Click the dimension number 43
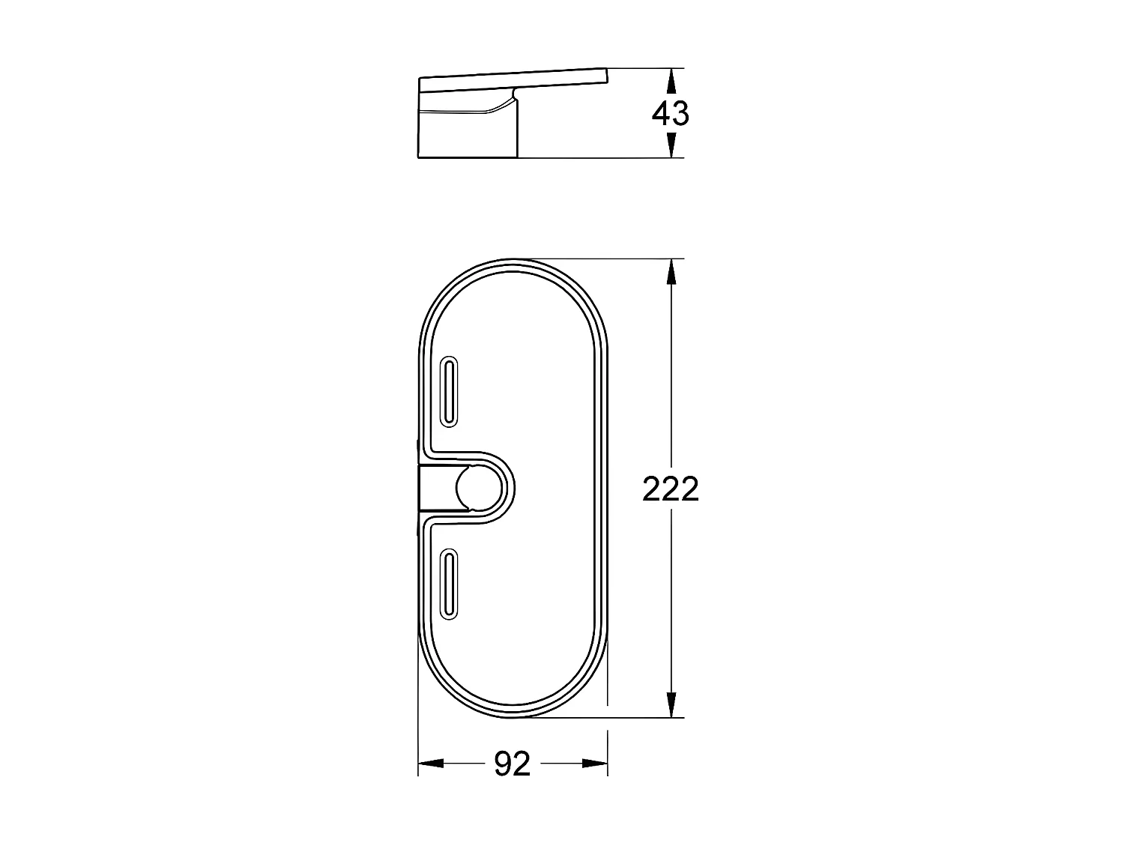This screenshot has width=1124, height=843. pos(670,114)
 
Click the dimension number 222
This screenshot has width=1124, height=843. pos(670,489)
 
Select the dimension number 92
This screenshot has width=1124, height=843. pos(513,764)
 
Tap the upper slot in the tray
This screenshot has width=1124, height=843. pos(449,391)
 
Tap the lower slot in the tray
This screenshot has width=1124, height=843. pos(449,584)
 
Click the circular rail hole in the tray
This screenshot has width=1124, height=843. pos(477,489)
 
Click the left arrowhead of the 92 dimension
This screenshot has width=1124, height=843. pos(430,764)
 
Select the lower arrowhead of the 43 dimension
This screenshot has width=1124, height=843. pos(671,146)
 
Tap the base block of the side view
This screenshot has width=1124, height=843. pos(465,135)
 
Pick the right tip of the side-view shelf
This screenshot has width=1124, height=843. pos(608,71)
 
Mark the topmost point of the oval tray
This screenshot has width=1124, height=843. pos(513,261)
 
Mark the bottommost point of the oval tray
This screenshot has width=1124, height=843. pos(513,716)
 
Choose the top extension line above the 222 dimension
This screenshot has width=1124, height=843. pos(599,259)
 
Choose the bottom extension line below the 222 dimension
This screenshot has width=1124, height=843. pos(599,717)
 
